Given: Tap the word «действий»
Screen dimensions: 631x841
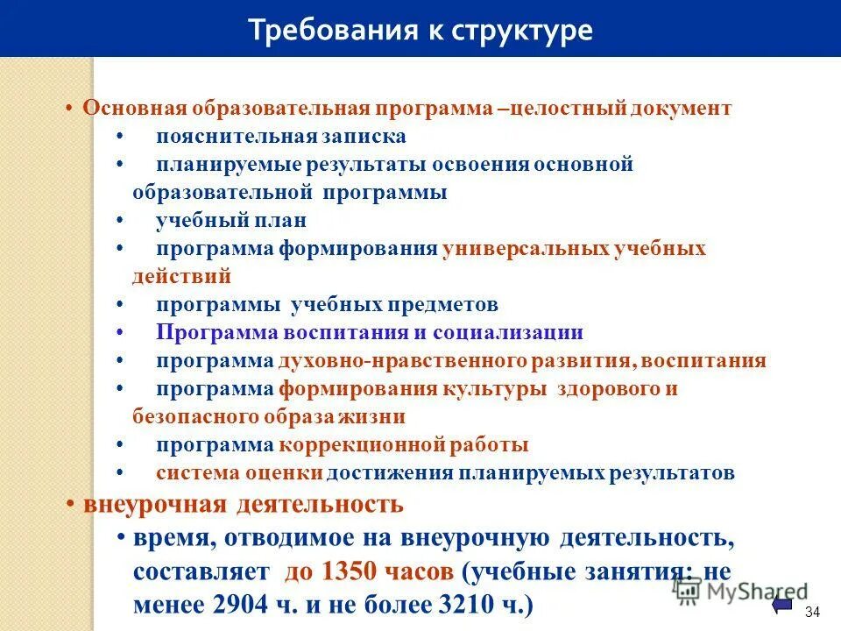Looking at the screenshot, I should (x=182, y=277).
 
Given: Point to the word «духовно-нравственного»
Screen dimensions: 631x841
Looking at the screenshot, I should (x=403, y=361).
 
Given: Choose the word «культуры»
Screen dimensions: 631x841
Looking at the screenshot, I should (x=496, y=389).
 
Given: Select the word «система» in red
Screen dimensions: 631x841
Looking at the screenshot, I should (x=194, y=473).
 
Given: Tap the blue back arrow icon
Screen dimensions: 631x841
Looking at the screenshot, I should (x=782, y=607).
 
